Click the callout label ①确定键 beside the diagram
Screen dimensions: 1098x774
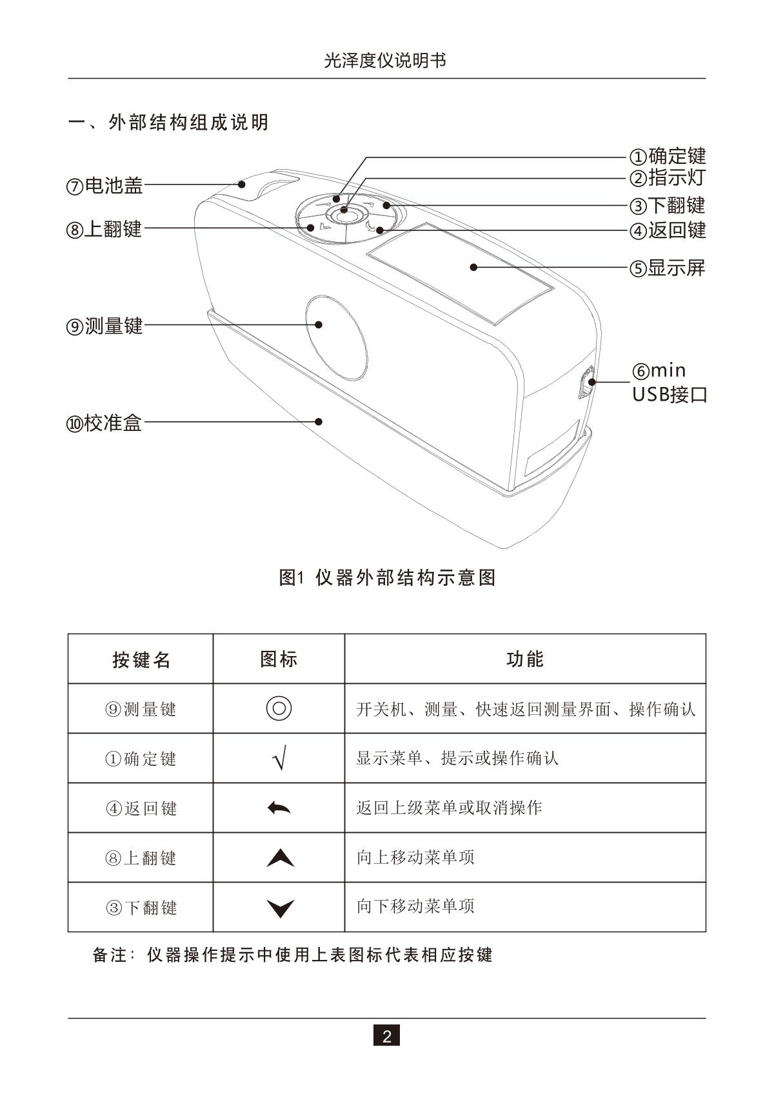[x=668, y=156]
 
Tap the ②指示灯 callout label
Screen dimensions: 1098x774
[x=668, y=177]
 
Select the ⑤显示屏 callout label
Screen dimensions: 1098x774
[x=668, y=268]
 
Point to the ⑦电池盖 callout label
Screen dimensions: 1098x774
[x=104, y=186]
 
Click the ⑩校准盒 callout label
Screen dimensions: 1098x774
[x=104, y=423]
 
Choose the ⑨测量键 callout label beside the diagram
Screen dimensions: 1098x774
[x=104, y=326]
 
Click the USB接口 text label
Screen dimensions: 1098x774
[x=670, y=394]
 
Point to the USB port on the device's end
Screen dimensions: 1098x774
[x=587, y=383]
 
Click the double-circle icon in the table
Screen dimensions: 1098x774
[x=279, y=708]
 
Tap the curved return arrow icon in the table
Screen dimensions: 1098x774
[x=279, y=808]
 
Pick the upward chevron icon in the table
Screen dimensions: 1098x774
[x=279, y=858]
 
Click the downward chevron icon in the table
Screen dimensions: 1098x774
[x=279, y=908]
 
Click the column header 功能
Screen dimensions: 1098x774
[x=525, y=659]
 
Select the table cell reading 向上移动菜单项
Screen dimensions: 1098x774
[x=415, y=857]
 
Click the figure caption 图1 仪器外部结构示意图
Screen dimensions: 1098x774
[x=387, y=577]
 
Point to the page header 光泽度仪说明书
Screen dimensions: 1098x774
[x=385, y=61]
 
